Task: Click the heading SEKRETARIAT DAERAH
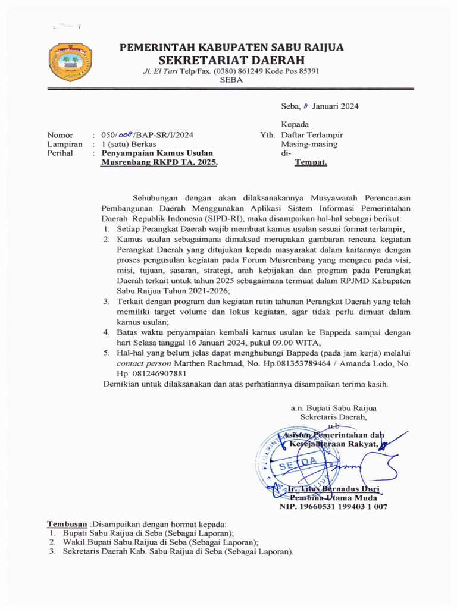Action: coord(231,60)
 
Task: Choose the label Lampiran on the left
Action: coord(64,144)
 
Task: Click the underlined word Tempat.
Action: coord(311,162)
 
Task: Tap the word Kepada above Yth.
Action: coord(295,124)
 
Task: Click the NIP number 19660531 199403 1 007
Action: coord(333,507)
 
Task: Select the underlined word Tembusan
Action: coord(67,524)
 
